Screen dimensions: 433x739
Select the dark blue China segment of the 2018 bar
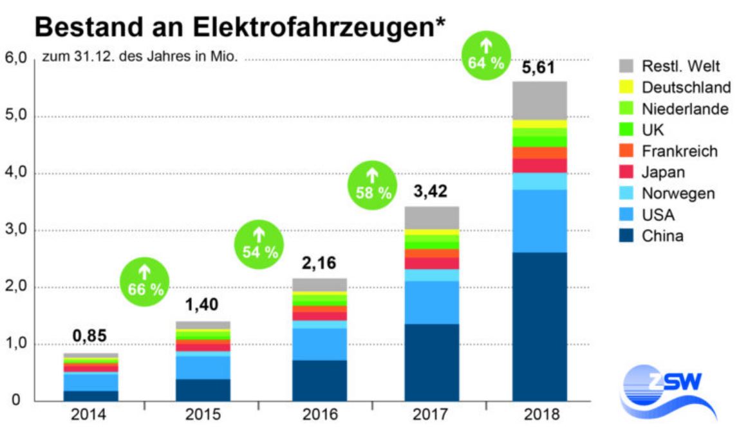tap(539, 326)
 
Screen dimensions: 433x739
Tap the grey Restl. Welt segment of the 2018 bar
tap(539, 100)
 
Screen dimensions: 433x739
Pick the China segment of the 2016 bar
tap(319, 380)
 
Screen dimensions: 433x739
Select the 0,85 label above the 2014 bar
tap(89, 336)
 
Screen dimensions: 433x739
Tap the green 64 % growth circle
tap(486, 57)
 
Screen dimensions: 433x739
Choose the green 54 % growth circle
tap(259, 245)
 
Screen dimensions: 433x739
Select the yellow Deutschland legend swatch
tap(625, 87)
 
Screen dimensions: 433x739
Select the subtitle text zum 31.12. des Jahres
tap(140, 57)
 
